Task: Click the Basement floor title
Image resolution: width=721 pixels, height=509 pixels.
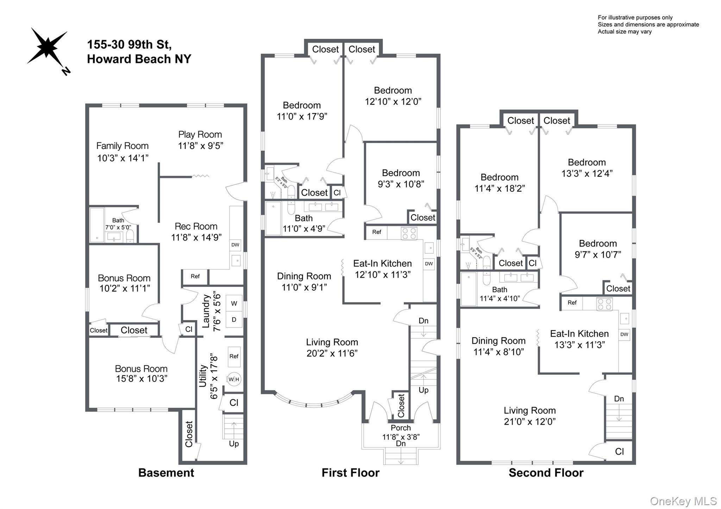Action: tap(166, 472)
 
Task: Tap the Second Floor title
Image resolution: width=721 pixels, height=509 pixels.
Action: tap(546, 472)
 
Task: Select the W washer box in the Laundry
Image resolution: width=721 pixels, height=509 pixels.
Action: tap(234, 303)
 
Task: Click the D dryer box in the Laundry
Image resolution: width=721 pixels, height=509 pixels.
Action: tap(234, 320)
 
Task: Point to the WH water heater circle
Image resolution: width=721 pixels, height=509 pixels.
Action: tap(234, 379)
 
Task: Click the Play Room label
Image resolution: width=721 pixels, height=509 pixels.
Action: tap(200, 134)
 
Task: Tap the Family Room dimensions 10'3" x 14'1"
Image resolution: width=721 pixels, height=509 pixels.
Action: tap(123, 158)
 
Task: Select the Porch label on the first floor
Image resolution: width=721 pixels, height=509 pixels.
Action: tap(401, 428)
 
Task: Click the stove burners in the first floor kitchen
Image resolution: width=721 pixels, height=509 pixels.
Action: tap(409, 233)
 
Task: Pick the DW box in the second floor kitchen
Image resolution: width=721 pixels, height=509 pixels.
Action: tap(624, 334)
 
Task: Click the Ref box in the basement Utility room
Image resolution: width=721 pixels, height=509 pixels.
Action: tap(234, 356)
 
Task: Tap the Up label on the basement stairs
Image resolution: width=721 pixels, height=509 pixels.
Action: tap(234, 444)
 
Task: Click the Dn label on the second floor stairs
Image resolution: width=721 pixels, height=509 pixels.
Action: tap(619, 399)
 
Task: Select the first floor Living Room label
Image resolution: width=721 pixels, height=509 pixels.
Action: tap(332, 342)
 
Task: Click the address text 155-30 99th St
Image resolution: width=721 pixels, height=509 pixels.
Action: tap(129, 45)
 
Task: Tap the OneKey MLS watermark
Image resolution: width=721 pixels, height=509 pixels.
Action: tap(683, 501)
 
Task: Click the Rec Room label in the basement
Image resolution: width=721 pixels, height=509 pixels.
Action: tap(196, 226)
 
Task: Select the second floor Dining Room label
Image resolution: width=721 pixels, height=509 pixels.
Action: tap(498, 341)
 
